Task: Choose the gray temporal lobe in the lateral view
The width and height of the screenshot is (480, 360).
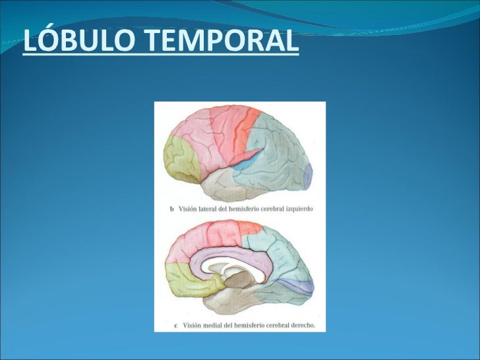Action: [231, 186]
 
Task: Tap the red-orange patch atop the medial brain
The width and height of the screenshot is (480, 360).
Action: [250, 228]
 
